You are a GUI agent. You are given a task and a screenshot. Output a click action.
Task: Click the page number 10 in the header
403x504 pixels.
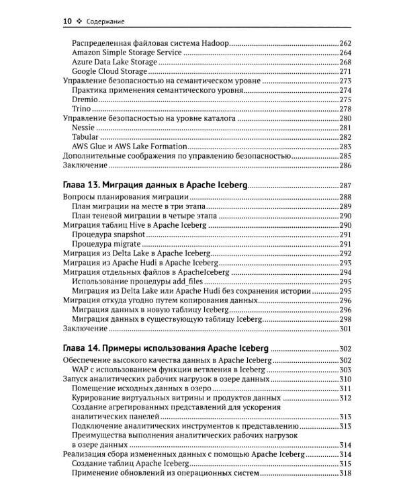[x=67, y=22]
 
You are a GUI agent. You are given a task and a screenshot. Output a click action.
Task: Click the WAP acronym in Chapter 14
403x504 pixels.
[x=82, y=370]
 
